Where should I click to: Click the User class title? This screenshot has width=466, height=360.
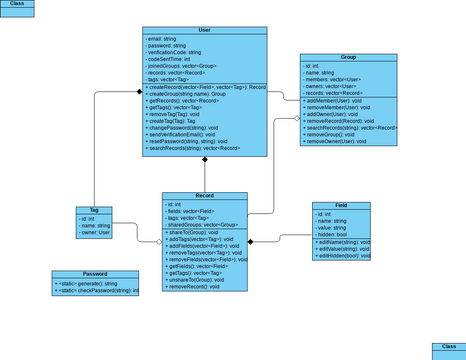pos(205,31)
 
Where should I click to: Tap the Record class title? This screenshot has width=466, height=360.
pos(204,196)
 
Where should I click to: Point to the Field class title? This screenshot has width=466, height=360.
pos(341,205)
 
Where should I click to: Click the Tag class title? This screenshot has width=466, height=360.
pos(94,211)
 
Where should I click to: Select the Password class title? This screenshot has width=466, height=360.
pos(95,273)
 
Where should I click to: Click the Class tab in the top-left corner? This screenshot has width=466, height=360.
pos(16,5)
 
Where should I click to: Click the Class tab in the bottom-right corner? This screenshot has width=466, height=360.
pos(449,348)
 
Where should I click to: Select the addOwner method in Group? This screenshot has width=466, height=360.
pos(333,115)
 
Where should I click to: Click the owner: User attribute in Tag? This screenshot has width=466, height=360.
pos(95,233)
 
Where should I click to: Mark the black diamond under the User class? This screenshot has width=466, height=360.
pos(205,159)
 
